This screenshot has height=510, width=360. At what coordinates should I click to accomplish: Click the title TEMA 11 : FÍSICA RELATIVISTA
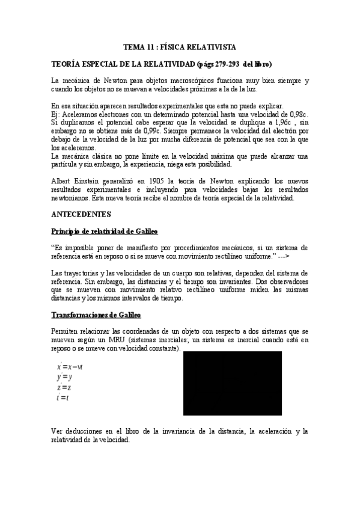[179, 46]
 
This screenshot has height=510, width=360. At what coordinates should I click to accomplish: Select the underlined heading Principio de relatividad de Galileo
[105, 231]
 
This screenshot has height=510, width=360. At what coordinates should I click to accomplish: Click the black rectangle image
[232, 384]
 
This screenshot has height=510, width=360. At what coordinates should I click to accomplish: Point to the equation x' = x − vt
[70, 367]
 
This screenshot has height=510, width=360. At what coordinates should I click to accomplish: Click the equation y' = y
[64, 377]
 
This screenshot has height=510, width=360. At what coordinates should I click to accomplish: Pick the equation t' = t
[63, 398]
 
